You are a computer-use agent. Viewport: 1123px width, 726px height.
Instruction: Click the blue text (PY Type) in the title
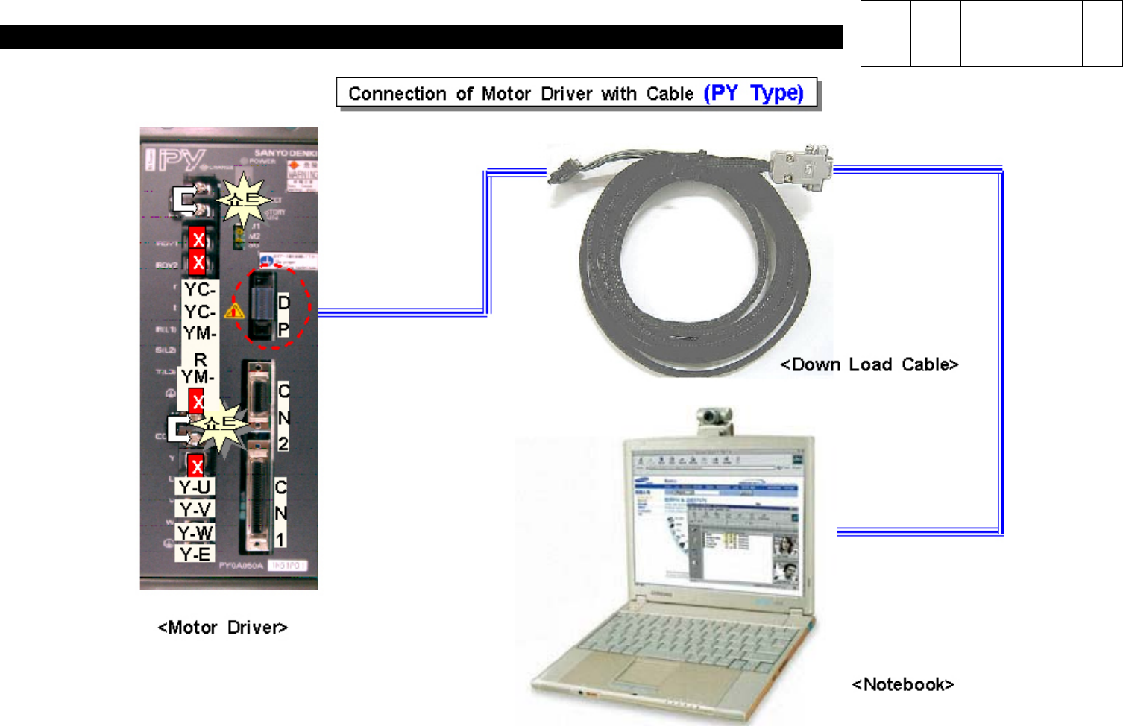[x=753, y=93]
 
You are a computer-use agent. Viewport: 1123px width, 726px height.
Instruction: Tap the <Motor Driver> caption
[x=222, y=628]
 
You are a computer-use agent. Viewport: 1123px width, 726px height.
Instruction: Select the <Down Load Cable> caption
[x=869, y=364]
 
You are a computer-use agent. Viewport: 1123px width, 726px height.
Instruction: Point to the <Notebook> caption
[x=903, y=684]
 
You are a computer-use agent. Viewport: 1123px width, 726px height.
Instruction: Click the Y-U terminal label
[x=195, y=487]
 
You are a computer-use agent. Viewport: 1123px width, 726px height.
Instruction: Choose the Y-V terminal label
[x=195, y=510]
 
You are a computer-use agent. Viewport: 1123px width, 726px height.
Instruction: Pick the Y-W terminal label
[x=195, y=533]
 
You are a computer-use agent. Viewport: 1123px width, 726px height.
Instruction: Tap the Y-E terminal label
[x=195, y=555]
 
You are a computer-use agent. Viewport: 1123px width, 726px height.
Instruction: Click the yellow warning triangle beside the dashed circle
[x=234, y=310]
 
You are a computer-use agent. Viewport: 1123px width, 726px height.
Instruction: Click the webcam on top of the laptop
[x=714, y=420]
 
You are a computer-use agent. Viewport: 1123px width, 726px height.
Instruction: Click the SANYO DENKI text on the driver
[x=286, y=153]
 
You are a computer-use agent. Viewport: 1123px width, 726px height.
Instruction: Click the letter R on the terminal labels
[x=200, y=360]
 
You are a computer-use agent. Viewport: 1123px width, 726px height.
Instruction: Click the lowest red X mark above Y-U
[x=196, y=467]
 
